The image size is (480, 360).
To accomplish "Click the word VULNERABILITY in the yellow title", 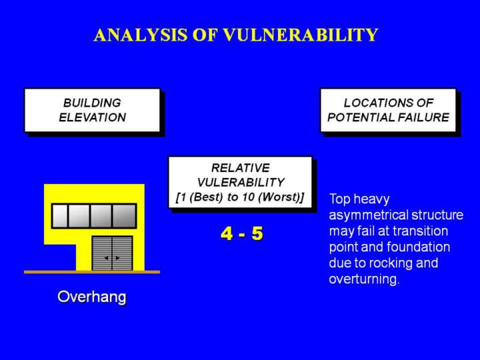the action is [x=301, y=35].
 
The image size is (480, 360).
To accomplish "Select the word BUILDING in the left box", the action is [x=92, y=103].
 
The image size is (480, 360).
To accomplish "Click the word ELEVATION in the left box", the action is [x=93, y=117].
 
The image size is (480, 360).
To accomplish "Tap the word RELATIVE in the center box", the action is [x=241, y=168].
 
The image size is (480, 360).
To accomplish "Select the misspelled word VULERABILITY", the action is [x=241, y=183].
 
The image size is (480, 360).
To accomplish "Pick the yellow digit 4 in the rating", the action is [x=227, y=234].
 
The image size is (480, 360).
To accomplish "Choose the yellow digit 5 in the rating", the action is [x=257, y=234].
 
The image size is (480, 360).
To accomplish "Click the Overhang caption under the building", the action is [x=92, y=297].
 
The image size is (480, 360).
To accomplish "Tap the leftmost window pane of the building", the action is [x=60, y=216].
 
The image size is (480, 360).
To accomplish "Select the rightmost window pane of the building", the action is [x=124, y=216].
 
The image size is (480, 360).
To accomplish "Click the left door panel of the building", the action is [x=102, y=253].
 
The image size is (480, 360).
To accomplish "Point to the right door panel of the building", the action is [x=122, y=253].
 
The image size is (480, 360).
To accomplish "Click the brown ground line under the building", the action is [x=92, y=272].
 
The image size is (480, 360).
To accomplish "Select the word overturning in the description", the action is [x=364, y=279].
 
